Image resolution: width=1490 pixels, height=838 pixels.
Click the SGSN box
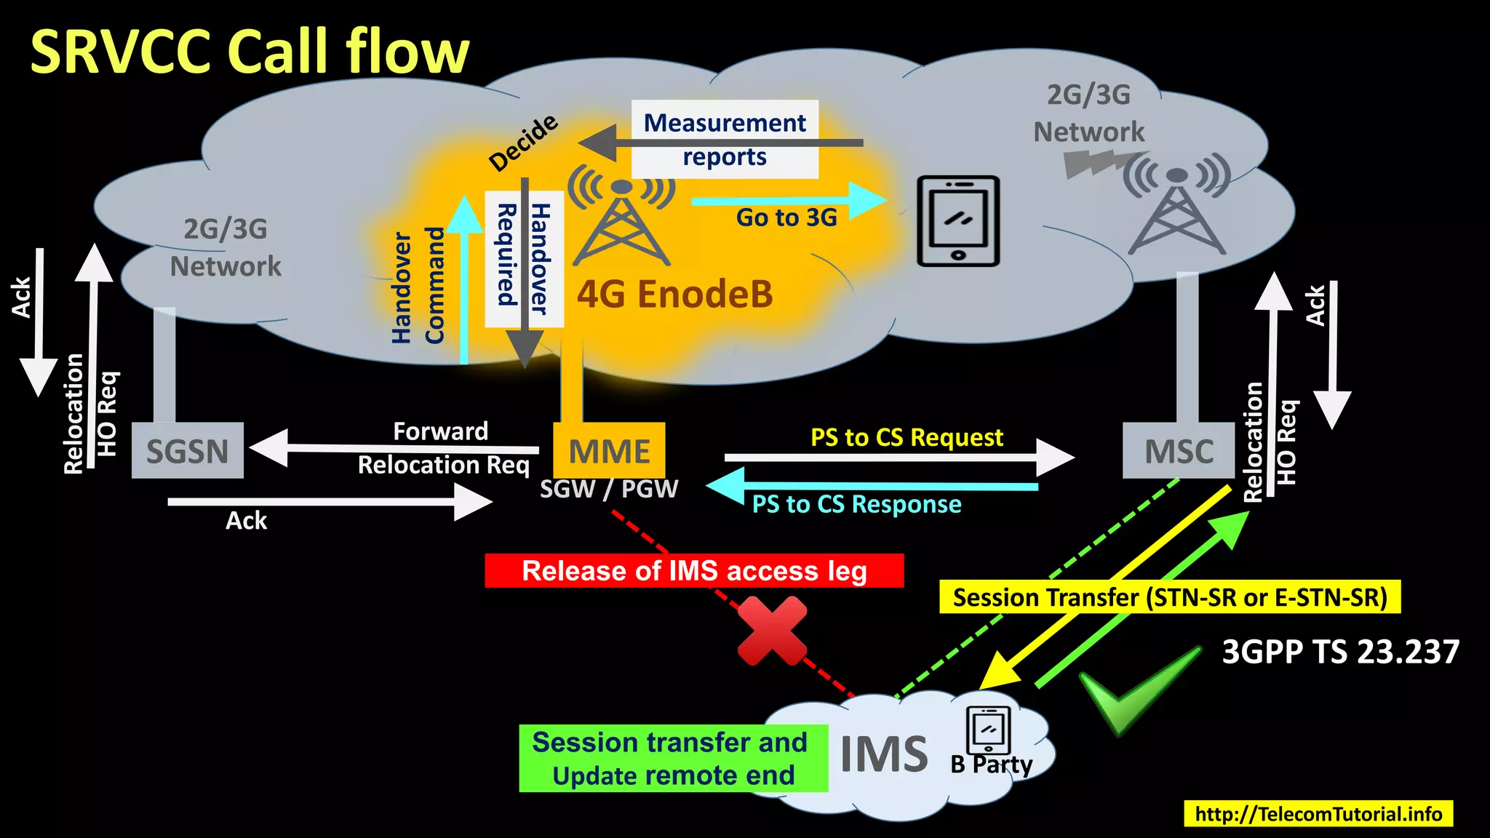[x=187, y=450]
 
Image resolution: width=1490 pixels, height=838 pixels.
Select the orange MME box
[x=609, y=450]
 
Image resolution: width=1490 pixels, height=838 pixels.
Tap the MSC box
[x=1178, y=450]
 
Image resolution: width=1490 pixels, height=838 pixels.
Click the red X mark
[x=772, y=631]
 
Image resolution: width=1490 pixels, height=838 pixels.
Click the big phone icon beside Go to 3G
[x=957, y=221]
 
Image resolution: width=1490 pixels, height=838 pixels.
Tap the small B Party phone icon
[x=988, y=730]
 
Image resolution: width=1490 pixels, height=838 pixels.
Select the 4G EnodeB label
[x=674, y=295]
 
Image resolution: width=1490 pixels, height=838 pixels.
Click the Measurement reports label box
[x=725, y=139]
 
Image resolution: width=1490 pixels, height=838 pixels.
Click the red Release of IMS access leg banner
[x=694, y=571]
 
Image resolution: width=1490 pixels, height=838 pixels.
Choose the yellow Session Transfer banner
[x=1169, y=597]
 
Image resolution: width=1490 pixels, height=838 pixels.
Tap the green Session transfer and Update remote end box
[x=673, y=759]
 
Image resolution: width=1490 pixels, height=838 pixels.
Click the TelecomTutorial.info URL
[x=1318, y=813]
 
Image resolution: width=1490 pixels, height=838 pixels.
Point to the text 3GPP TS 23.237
[x=1340, y=652]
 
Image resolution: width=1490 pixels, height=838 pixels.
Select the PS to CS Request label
[x=907, y=437]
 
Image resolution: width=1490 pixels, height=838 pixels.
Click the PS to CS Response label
[x=856, y=504]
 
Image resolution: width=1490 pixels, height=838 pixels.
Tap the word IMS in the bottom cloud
[x=883, y=754]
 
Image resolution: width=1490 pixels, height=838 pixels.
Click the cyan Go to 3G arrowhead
[x=867, y=200]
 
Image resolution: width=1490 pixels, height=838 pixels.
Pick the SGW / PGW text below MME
[x=608, y=489]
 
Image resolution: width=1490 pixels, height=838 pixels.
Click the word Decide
[x=523, y=143]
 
